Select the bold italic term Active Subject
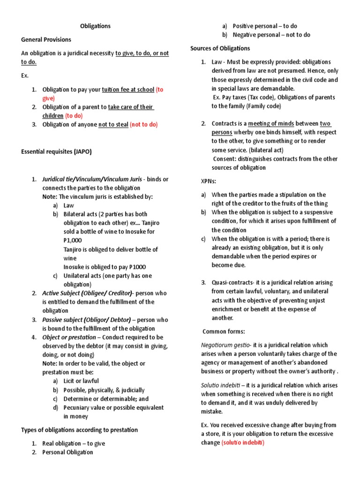coord(63,293)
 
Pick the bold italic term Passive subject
coord(64,320)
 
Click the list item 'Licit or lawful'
coord(81,381)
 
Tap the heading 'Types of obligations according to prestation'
coord(79,430)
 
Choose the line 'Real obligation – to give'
coord(74,443)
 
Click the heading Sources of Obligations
coord(220,48)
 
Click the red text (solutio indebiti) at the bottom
coord(243,443)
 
